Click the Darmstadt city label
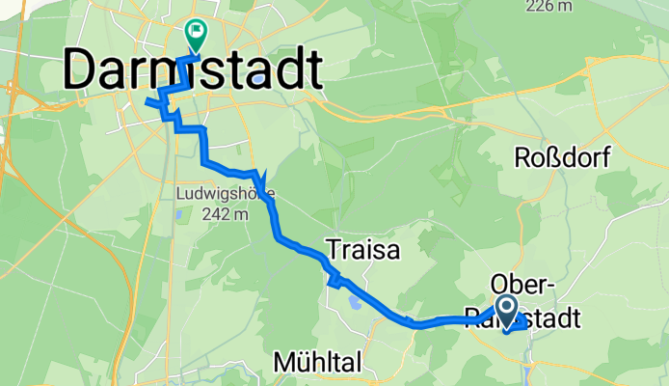[193, 71]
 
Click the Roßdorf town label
[562, 158]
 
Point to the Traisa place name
[362, 250]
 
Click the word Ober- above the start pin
[522, 284]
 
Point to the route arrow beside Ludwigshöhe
[258, 179]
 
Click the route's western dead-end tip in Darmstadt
[145, 100]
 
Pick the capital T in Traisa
[334, 250]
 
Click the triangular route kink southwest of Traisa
[335, 281]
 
